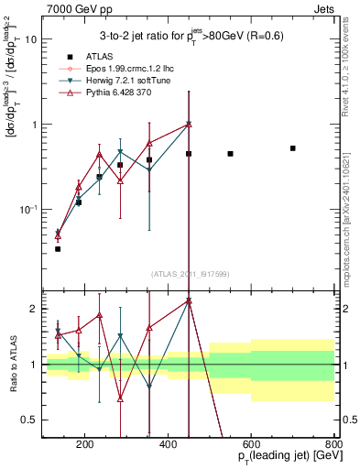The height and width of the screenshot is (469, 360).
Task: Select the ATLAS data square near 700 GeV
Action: [x=293, y=147]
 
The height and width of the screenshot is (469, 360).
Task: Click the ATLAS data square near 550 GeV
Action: [x=230, y=153]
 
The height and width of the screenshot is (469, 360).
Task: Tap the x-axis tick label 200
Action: [x=84, y=446]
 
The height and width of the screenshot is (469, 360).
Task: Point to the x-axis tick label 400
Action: [x=168, y=446]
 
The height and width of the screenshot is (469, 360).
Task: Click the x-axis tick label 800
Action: [x=334, y=446]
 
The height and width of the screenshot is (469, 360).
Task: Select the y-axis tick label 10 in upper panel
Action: [x=29, y=39]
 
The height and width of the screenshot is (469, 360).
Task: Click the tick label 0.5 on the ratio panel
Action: [x=27, y=420]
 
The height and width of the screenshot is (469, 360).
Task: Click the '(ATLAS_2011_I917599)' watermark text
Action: [x=190, y=273]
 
